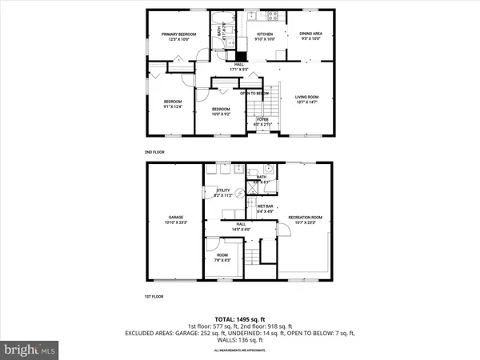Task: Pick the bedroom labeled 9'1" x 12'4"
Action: click(x=174, y=104)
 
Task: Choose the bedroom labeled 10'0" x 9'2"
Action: click(x=221, y=111)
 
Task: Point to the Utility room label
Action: click(x=222, y=193)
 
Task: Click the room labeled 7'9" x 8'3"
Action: click(x=221, y=258)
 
